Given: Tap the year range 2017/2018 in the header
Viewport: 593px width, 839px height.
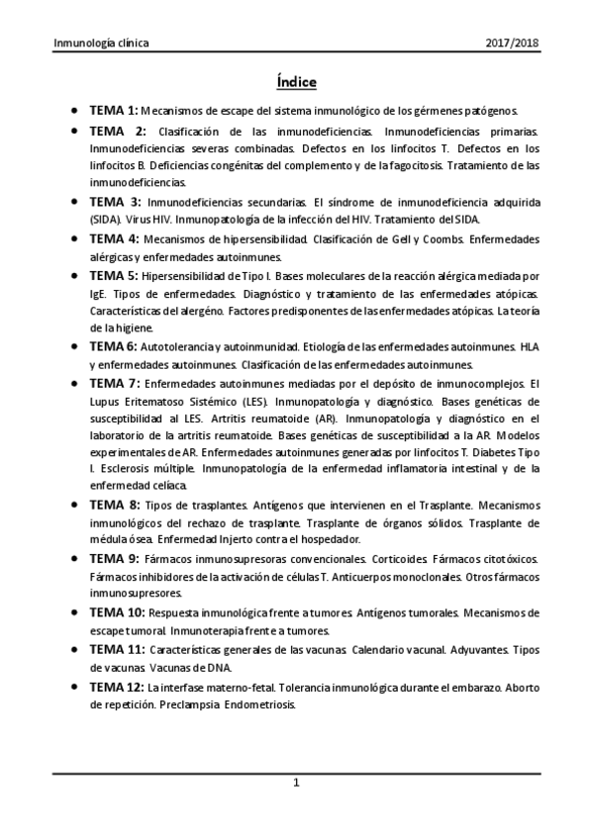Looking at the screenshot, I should click(x=514, y=45).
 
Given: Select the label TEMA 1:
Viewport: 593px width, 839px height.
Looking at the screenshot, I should click(x=114, y=111).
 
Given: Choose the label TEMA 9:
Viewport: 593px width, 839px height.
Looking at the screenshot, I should click(x=114, y=559).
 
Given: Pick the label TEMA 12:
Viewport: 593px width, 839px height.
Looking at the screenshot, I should click(x=117, y=687).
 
